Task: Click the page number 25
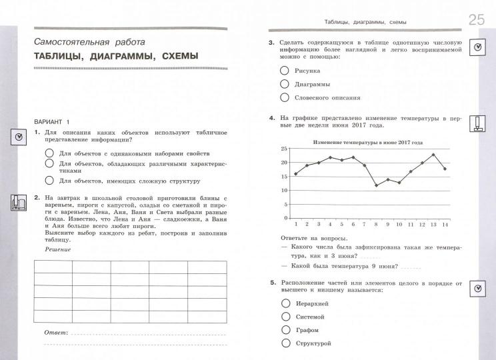click(476, 19)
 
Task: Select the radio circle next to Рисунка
click(285, 70)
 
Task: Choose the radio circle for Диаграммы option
click(285, 84)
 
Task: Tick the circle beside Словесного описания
click(285, 97)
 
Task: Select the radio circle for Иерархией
click(285, 302)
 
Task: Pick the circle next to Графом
click(285, 329)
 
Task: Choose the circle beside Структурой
click(285, 343)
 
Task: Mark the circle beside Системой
click(285, 316)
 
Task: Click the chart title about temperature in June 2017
click(368, 143)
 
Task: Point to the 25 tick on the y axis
click(284, 149)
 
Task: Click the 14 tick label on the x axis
click(445, 224)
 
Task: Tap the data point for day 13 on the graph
click(433, 155)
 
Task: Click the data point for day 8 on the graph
click(376, 185)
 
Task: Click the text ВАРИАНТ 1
click(51, 121)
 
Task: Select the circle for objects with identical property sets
click(50, 153)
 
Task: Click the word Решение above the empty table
click(57, 249)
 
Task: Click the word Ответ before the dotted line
click(56, 331)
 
